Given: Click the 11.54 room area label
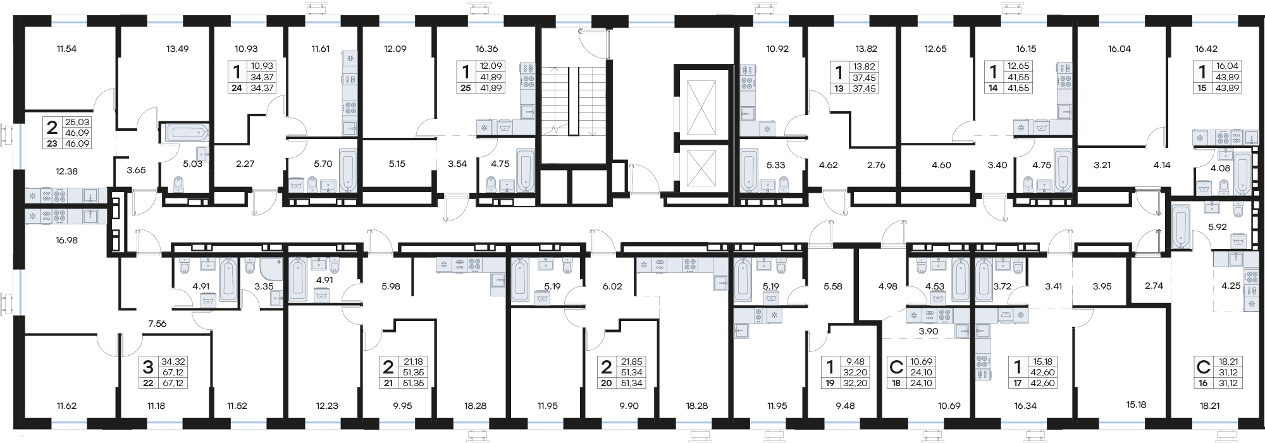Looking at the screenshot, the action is [x=66, y=49].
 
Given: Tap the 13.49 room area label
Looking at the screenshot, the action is [x=177, y=49].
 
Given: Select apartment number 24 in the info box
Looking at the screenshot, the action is [x=237, y=88].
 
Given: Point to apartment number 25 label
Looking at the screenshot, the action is [x=466, y=88].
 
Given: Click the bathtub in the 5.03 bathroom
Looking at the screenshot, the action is [x=186, y=133].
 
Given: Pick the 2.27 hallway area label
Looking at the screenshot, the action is [x=245, y=164].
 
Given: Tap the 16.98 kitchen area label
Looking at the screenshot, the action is [x=66, y=240].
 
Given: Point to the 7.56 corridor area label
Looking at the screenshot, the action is [x=157, y=324].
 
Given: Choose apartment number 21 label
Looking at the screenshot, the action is [x=388, y=383].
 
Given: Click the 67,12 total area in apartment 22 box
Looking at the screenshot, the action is [x=173, y=372].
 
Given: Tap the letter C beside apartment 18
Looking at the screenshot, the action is [x=896, y=367].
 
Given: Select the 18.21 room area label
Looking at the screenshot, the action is [x=1209, y=406].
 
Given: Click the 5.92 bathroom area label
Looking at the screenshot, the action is [x=1217, y=226].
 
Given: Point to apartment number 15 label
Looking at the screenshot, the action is [x=1202, y=88].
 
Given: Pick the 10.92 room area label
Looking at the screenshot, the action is [x=777, y=49].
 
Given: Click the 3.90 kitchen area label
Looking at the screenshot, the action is [x=929, y=331].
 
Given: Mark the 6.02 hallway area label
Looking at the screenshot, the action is [x=612, y=286].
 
